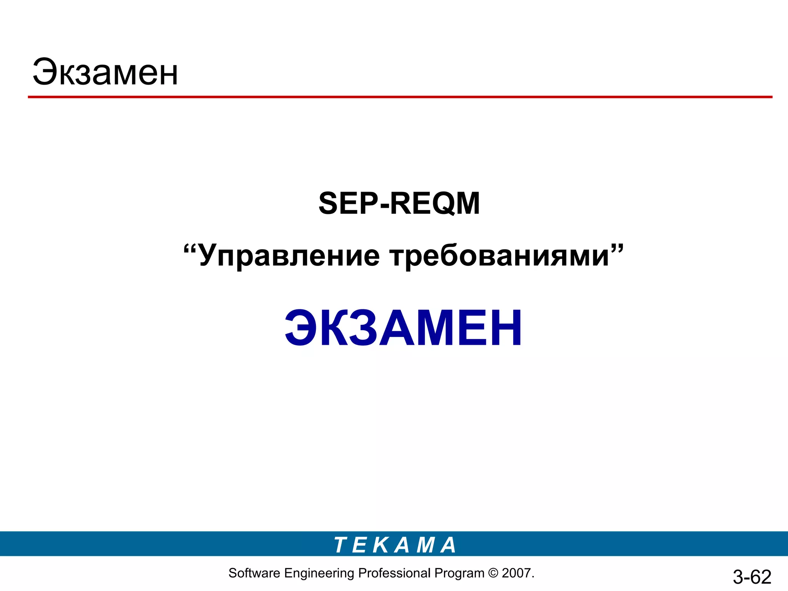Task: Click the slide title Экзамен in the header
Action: (x=105, y=72)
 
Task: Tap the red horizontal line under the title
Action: (x=400, y=97)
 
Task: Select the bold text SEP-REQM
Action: (x=399, y=203)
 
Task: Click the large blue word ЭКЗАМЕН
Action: (x=403, y=328)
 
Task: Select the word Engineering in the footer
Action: (x=319, y=574)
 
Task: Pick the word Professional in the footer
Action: (x=394, y=573)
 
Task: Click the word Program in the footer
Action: (x=459, y=574)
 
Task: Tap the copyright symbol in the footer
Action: (x=493, y=573)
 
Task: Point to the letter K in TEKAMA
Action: (x=381, y=545)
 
